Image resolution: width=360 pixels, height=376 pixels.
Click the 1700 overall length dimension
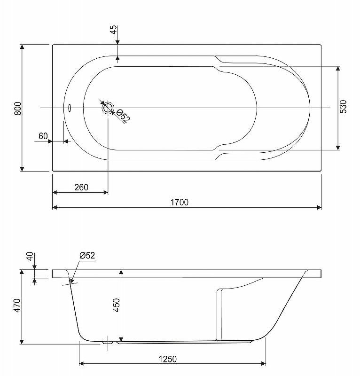pyautogui.click(x=180, y=203)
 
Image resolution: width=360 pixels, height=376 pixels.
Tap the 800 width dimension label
pyautogui.click(x=18, y=109)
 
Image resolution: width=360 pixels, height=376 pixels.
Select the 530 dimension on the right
pyautogui.click(x=343, y=107)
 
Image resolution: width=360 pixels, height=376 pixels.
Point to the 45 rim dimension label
pyautogui.click(x=114, y=30)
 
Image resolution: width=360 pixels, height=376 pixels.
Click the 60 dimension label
pyautogui.click(x=43, y=136)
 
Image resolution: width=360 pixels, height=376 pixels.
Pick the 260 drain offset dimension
pyautogui.click(x=81, y=187)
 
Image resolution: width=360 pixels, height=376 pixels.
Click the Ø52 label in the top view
pyautogui.click(x=123, y=116)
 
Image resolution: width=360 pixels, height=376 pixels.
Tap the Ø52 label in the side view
pyautogui.click(x=87, y=255)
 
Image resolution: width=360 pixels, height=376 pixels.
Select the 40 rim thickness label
pyautogui.click(x=30, y=256)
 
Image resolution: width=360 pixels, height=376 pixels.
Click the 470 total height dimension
pyautogui.click(x=17, y=305)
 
